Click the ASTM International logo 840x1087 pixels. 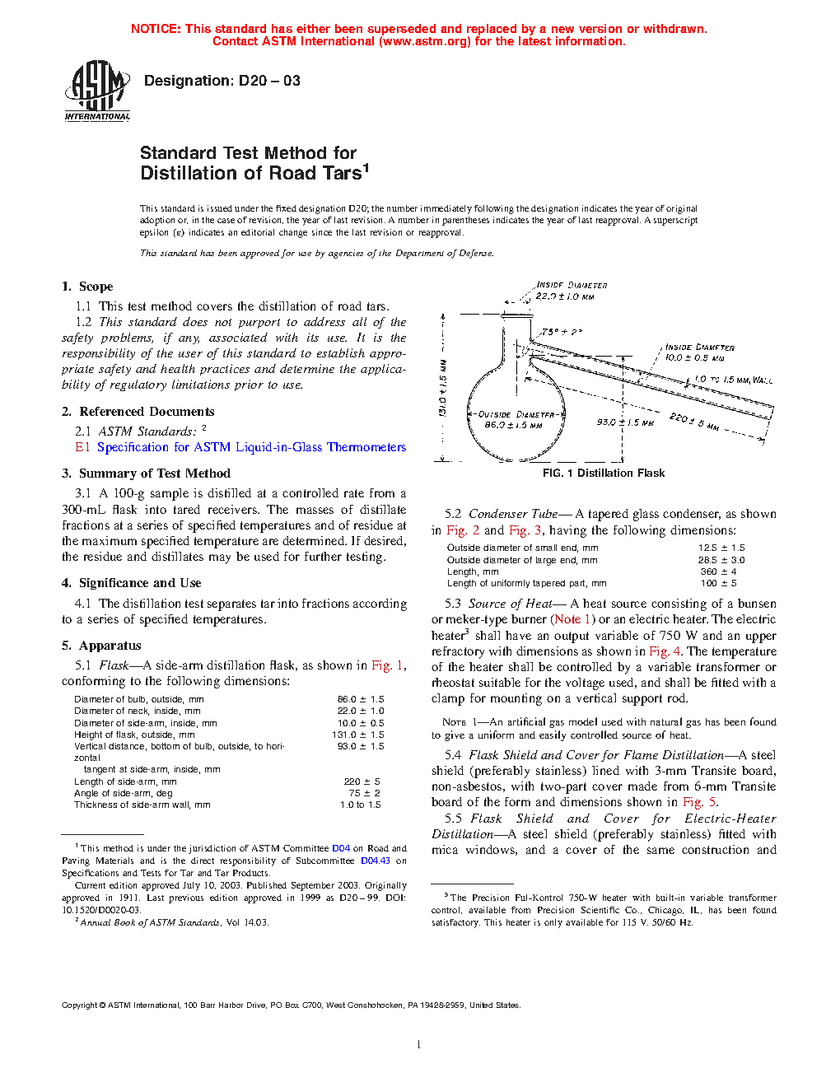97,91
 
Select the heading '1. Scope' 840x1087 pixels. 87,287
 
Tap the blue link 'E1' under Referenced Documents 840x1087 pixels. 82,447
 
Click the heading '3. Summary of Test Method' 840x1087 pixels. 146,474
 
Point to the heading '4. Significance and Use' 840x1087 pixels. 131,583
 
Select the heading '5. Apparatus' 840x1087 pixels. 101,646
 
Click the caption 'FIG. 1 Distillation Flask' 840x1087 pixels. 604,474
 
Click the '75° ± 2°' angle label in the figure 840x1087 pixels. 562,332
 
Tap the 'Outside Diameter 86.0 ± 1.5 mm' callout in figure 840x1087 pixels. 515,420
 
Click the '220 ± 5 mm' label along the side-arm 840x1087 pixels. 693,422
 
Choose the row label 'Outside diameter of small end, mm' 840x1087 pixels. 522,548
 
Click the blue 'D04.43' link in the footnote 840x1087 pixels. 376,861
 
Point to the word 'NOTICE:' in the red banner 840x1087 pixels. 156,29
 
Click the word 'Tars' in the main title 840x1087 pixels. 341,174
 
